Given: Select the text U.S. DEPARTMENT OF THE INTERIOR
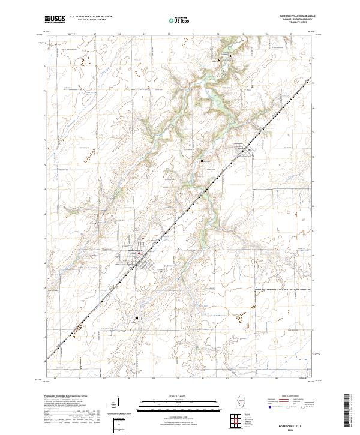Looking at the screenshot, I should pyautogui.click(x=91, y=17).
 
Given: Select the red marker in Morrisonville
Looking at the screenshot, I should pyautogui.click(x=140, y=253).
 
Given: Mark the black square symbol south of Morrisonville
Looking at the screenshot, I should pyautogui.click(x=137, y=318).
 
